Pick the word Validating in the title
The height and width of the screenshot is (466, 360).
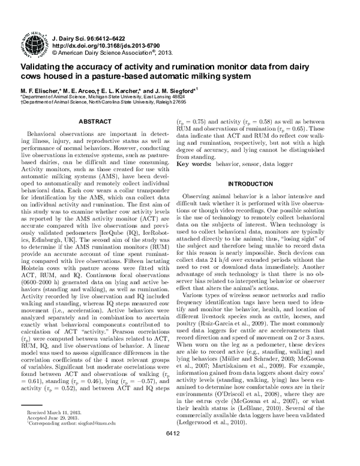coord(43,67)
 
